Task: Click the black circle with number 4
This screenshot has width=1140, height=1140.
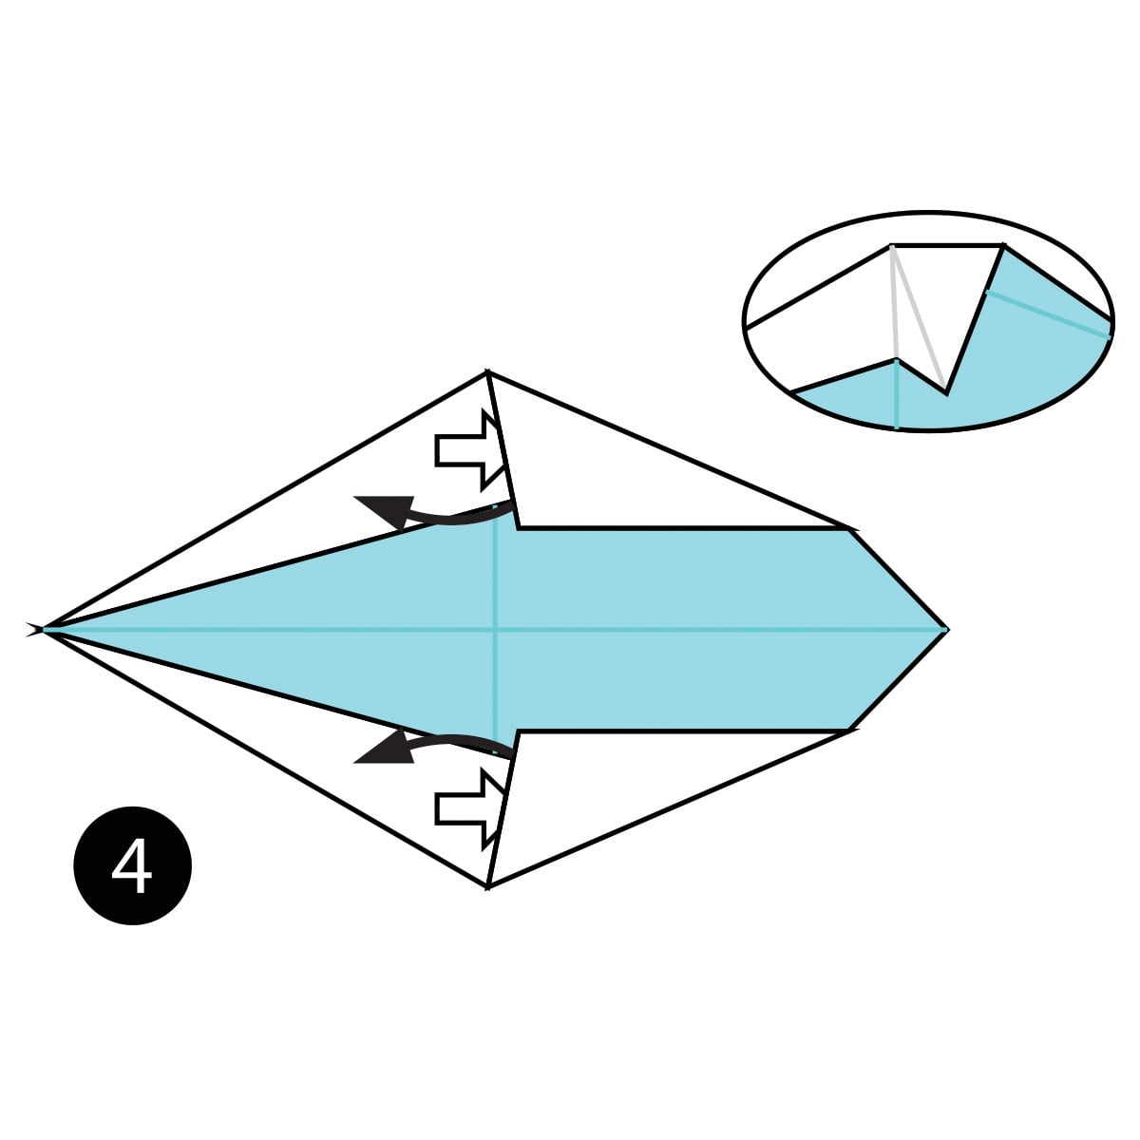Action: pyautogui.click(x=132, y=865)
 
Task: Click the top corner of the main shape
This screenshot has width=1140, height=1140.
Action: pyautogui.click(x=487, y=372)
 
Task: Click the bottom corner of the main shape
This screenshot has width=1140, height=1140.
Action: pyautogui.click(x=487, y=886)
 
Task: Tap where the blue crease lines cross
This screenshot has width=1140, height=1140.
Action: pyautogui.click(x=495, y=629)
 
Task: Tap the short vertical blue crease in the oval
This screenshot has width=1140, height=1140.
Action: pyautogui.click(x=897, y=394)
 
